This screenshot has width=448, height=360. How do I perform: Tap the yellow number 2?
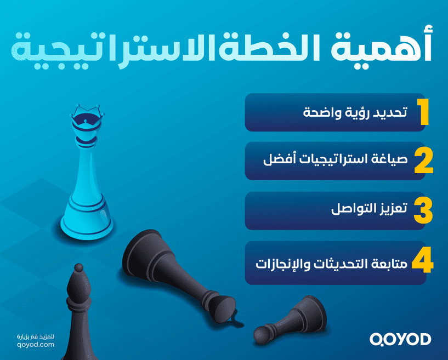point(423,161)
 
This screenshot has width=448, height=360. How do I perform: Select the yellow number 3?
point(423,210)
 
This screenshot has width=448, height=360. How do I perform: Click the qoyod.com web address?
point(36,345)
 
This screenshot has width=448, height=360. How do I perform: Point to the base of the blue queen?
point(87,225)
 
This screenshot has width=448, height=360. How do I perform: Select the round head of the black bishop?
point(79,269)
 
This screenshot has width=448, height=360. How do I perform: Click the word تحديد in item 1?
point(389,113)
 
